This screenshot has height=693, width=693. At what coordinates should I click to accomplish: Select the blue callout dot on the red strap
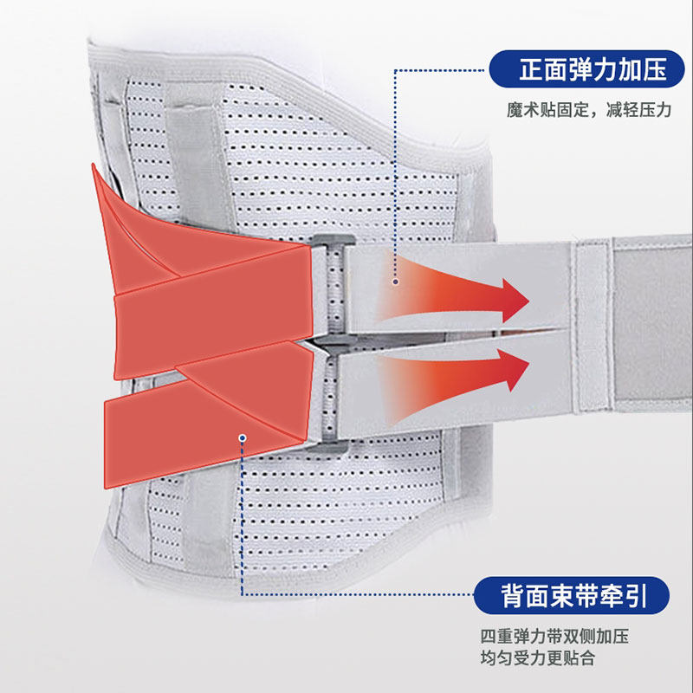pos(244,437)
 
